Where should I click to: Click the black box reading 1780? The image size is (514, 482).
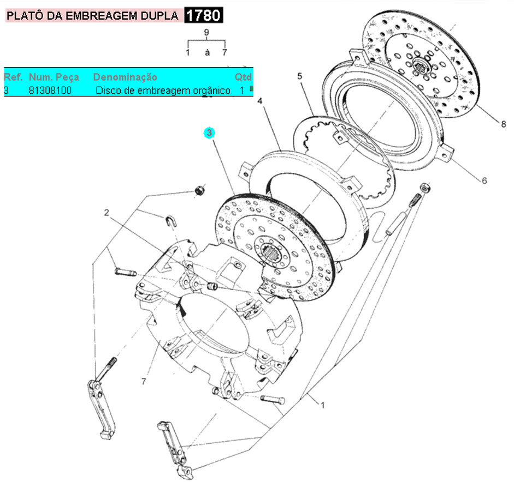tap(204, 15)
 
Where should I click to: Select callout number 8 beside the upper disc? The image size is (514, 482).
tap(503, 124)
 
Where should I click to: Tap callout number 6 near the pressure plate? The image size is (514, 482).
tap(484, 180)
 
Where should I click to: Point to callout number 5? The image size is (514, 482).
tap(299, 76)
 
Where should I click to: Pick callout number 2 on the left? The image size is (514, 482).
tap(108, 213)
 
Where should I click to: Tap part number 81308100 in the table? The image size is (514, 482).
tap(50, 90)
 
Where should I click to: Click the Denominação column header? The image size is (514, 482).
tap(125, 77)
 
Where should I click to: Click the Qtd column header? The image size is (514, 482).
tap(243, 77)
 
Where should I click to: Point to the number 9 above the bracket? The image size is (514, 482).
tap(206, 33)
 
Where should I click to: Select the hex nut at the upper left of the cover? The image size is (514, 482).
tap(200, 190)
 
